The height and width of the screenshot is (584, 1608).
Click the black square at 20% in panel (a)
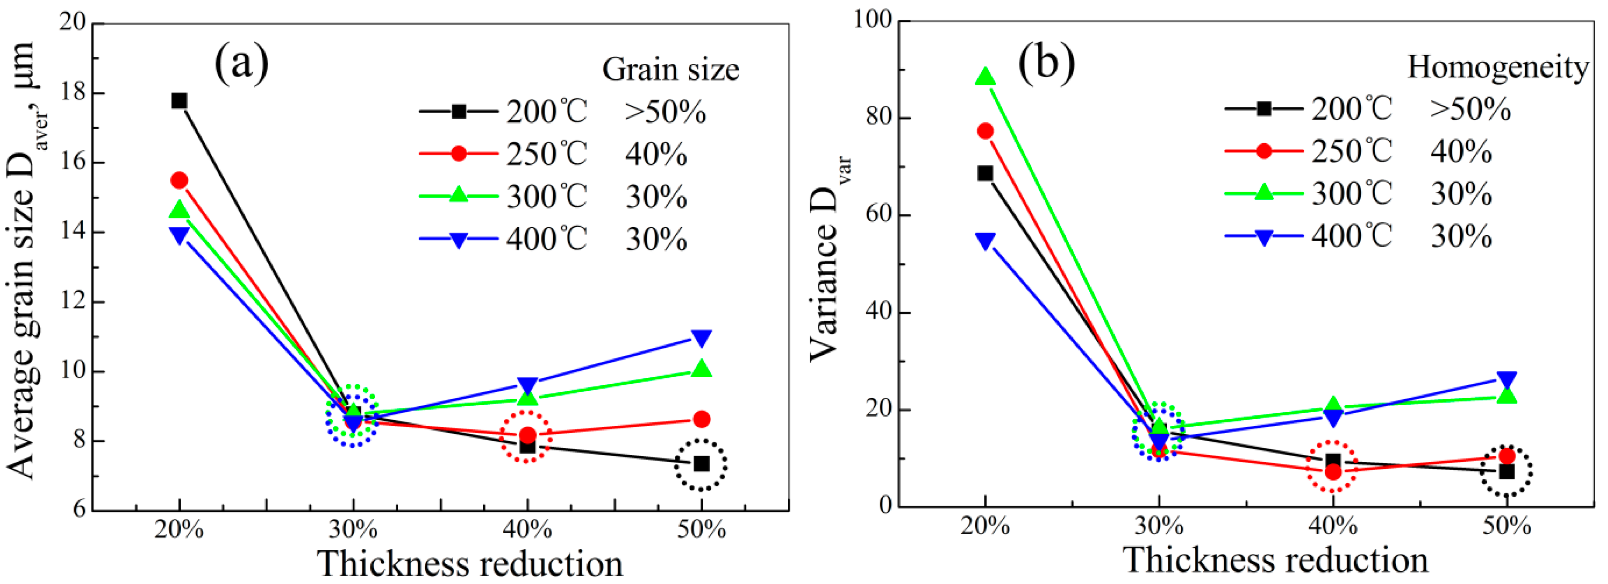pyautogui.click(x=179, y=101)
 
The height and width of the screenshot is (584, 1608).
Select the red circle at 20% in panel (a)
pyautogui.click(x=179, y=181)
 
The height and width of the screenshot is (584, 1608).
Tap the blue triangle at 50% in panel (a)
pyautogui.click(x=702, y=338)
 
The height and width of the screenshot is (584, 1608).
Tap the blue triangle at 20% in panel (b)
pyautogui.click(x=985, y=241)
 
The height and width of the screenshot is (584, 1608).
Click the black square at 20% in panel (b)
pyautogui.click(x=985, y=173)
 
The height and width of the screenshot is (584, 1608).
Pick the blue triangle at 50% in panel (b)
pyautogui.click(x=1507, y=379)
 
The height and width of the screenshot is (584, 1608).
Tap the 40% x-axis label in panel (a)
pyautogui.click(x=527, y=530)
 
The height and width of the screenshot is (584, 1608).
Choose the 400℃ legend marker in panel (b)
pyautogui.click(x=1264, y=237)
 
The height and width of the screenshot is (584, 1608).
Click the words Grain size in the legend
pyautogui.click(x=671, y=69)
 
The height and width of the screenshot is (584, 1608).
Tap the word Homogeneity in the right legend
pyautogui.click(x=1498, y=67)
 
